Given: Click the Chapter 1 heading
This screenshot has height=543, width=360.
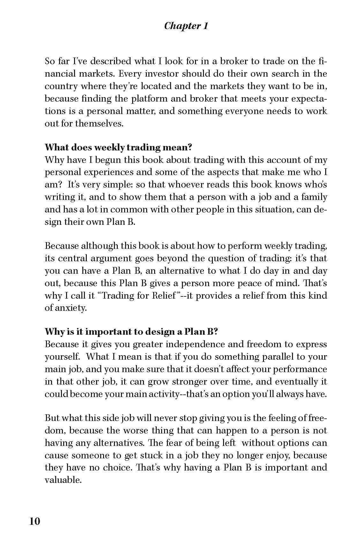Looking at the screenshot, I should (x=186, y=26).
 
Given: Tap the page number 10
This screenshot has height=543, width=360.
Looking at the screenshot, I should (x=35, y=521).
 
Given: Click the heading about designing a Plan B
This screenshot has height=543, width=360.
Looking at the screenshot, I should (x=131, y=332).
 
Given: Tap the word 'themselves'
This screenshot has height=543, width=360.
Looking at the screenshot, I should (x=99, y=124).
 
